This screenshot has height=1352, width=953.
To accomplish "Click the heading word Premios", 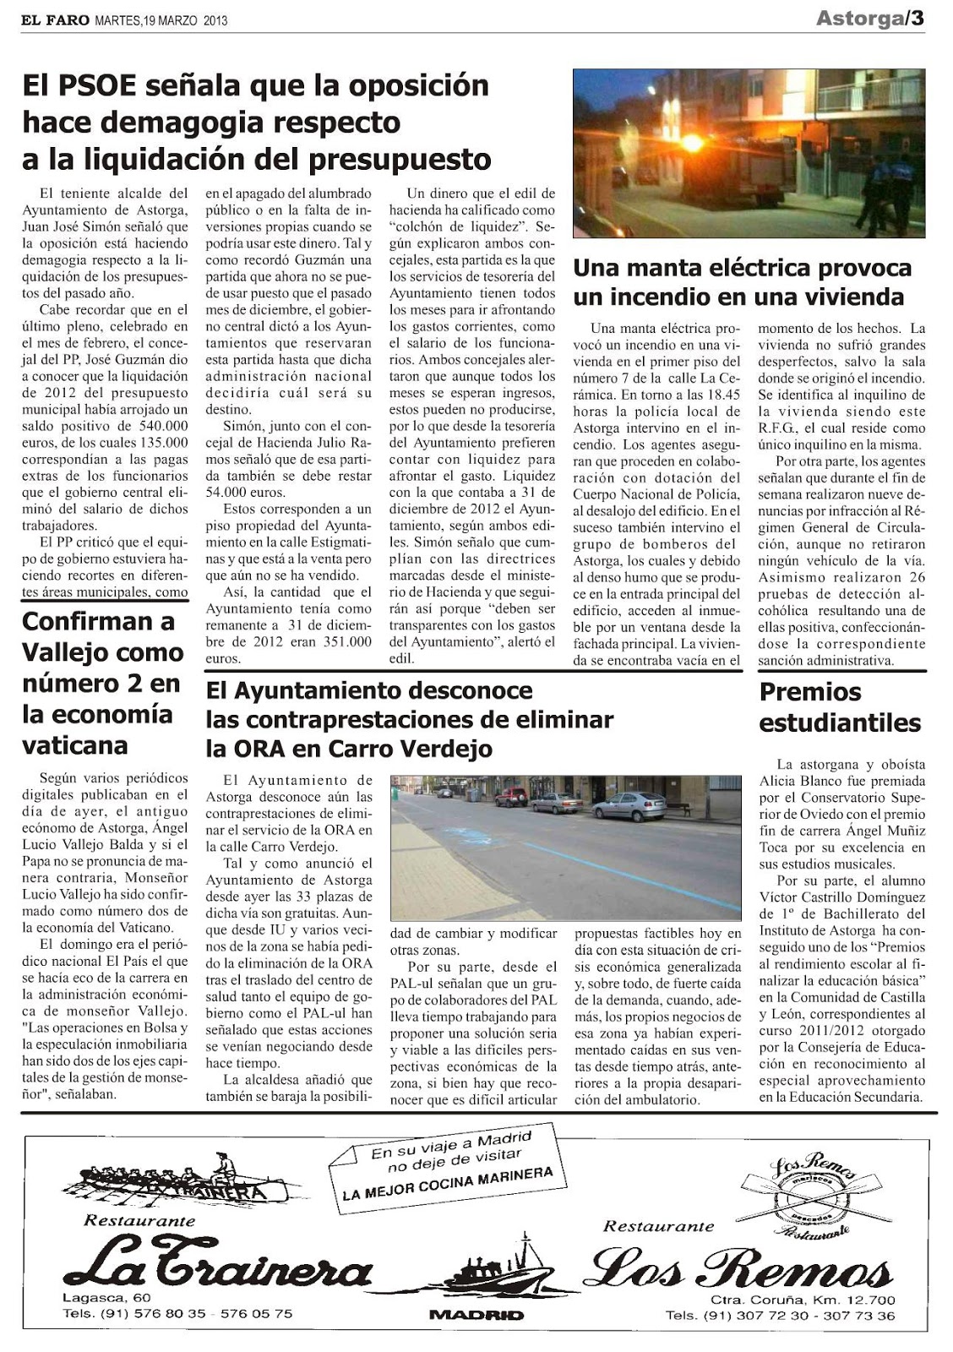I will click(x=810, y=692).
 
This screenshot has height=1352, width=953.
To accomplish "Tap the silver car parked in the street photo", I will click(x=629, y=806).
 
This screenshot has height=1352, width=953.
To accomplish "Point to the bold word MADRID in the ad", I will click(x=476, y=1315).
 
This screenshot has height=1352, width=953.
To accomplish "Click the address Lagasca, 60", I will click(x=106, y=1297).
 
